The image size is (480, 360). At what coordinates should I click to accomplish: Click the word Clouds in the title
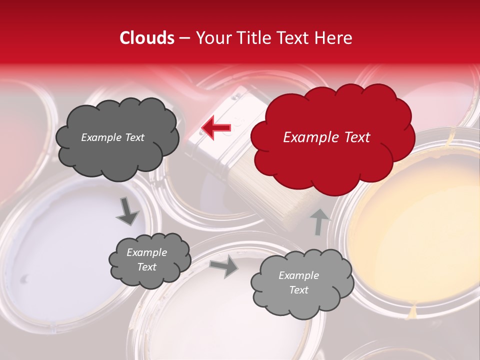[147, 38]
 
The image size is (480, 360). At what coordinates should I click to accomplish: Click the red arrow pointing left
[216, 128]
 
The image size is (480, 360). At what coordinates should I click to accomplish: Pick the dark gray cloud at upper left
[116, 137]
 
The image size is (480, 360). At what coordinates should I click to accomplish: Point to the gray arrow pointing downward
[128, 212]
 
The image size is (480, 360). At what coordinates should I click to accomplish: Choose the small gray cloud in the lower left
[149, 260]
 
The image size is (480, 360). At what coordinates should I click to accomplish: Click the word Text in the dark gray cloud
[134, 137]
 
